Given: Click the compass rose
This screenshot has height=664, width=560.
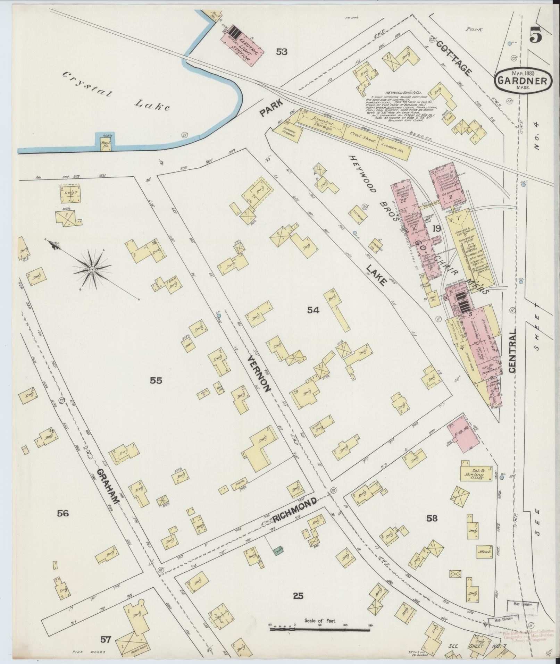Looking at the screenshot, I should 92,270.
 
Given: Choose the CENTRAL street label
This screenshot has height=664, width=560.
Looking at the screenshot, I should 513,351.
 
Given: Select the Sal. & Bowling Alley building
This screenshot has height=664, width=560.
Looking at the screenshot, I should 476,473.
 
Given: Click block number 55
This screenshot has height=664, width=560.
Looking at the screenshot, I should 156,381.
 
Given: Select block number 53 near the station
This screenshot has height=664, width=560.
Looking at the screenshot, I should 282,52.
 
